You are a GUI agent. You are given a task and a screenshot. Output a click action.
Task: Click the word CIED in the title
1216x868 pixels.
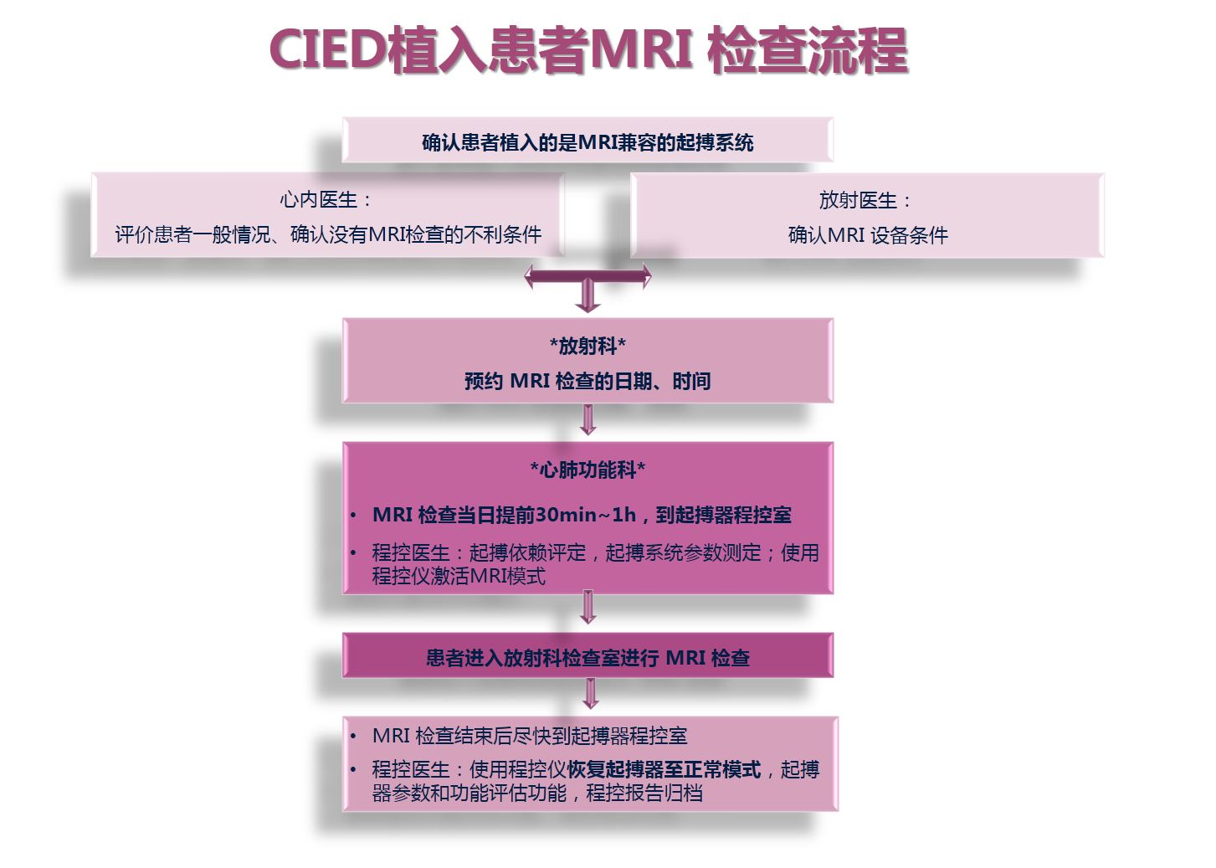click(328, 50)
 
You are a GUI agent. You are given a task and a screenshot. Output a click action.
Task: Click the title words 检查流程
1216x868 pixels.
click(807, 50)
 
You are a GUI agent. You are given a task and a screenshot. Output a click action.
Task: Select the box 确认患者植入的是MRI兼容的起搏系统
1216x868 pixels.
click(587, 141)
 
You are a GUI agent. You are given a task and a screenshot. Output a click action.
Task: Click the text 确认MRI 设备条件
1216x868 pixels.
click(868, 235)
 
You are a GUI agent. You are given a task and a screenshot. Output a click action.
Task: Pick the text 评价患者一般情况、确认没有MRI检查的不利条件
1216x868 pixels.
click(328, 234)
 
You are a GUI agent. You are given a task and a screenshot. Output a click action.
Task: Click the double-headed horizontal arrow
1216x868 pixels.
click(587, 275)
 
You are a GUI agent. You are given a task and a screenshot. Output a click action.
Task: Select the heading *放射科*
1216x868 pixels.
click(587, 346)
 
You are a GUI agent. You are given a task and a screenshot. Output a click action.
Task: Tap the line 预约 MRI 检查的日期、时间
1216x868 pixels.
click(587, 382)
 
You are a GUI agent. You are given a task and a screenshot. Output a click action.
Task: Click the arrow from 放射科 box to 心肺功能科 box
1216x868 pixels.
click(588, 419)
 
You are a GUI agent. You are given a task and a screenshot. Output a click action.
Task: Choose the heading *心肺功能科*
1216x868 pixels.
click(587, 470)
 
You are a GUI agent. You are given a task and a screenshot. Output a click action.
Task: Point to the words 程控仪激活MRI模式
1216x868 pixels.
click(459, 576)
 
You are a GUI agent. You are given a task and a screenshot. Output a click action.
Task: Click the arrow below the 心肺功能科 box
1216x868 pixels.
click(588, 607)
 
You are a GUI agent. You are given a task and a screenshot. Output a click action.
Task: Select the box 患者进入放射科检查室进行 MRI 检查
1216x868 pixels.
click(587, 658)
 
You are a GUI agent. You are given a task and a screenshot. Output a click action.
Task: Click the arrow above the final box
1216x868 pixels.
click(591, 693)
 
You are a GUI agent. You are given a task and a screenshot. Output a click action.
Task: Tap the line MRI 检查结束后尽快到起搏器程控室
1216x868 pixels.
click(530, 736)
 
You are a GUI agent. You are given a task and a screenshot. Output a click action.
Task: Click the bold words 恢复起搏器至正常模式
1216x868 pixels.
click(664, 769)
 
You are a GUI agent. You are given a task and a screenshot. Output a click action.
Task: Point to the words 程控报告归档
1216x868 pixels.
click(644, 793)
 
